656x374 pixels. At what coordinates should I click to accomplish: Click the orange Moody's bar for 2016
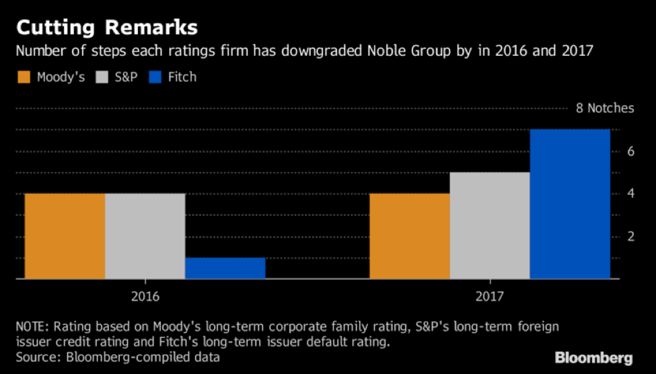click(65, 235)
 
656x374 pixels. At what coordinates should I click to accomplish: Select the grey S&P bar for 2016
click(145, 235)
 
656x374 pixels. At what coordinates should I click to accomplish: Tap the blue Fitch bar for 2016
click(225, 268)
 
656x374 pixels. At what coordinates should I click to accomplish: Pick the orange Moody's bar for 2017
click(410, 235)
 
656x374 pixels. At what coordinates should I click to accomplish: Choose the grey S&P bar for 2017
click(490, 225)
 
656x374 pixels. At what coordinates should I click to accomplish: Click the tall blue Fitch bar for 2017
click(570, 203)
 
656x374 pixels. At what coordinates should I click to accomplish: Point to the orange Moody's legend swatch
click(25, 77)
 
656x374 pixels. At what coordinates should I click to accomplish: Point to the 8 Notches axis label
click(605, 108)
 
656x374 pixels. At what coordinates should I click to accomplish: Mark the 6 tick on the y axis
click(631, 151)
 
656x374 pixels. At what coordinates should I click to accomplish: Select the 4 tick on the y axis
click(631, 194)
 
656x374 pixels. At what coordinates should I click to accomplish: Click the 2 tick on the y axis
click(631, 236)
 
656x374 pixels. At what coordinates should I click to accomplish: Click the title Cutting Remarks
click(107, 28)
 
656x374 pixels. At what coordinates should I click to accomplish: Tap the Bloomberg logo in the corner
click(593, 357)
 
